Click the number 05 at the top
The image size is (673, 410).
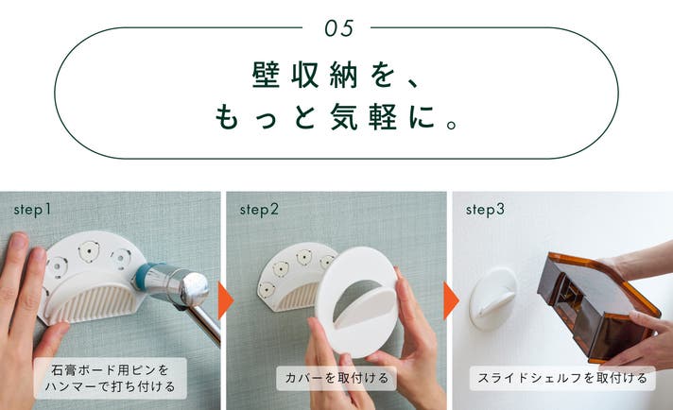click(x=338, y=28)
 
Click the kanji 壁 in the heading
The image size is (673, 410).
click(x=266, y=75)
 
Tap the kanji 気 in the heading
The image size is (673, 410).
click(x=344, y=116)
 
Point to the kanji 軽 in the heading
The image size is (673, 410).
click(x=383, y=116)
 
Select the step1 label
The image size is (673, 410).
click(x=32, y=210)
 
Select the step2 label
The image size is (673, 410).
click(x=259, y=210)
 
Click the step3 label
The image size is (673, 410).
click(x=485, y=210)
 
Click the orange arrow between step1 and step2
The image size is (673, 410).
click(x=225, y=300)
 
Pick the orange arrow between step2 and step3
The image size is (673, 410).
click(x=451, y=300)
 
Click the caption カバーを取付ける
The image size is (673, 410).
click(x=336, y=378)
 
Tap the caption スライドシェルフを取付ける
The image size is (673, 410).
click(x=562, y=378)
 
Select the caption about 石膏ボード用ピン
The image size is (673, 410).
click(x=111, y=378)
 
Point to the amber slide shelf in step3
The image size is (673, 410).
click(x=596, y=307)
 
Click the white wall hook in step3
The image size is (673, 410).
click(x=492, y=299)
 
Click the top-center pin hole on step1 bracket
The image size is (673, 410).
click(x=89, y=251)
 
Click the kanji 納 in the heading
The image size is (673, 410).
click(x=344, y=75)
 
